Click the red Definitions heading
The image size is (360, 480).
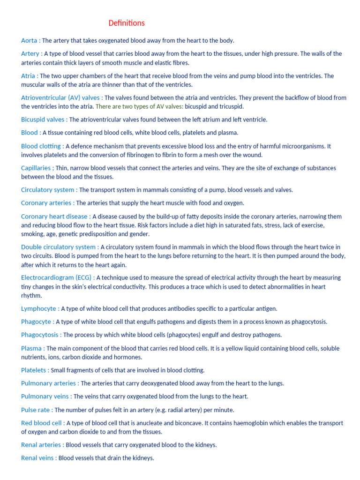click(x=127, y=23)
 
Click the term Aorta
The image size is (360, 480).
click(x=29, y=40)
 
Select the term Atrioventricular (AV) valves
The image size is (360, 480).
click(x=60, y=97)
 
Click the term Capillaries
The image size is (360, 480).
click(x=36, y=168)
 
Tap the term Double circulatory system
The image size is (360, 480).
click(x=58, y=247)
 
